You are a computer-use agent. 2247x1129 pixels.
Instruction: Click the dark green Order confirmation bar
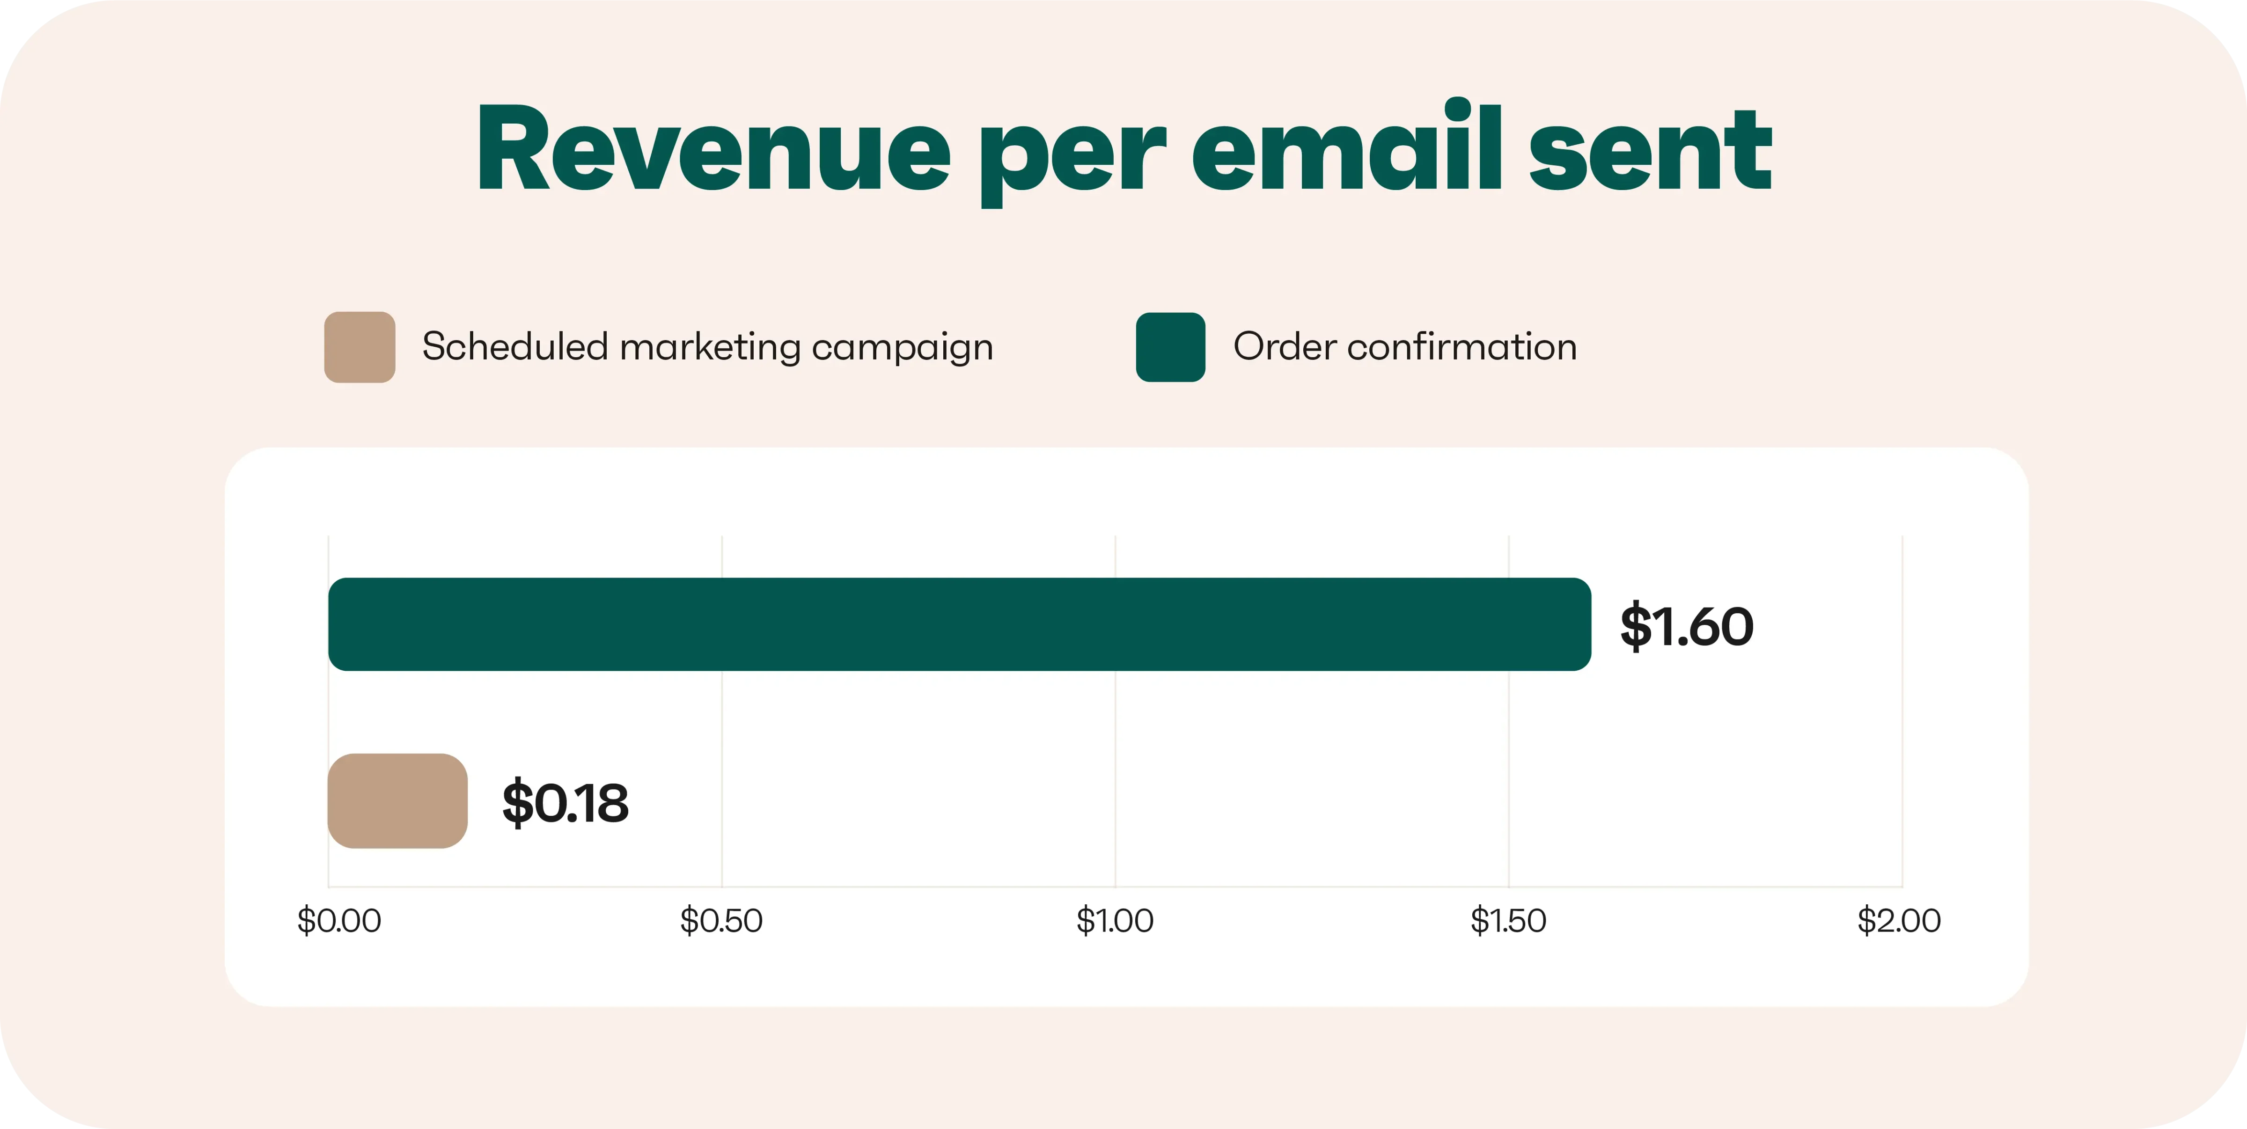[960, 624]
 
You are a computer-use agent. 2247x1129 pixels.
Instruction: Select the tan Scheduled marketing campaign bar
[398, 801]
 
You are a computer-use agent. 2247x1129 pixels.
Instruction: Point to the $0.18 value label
[565, 803]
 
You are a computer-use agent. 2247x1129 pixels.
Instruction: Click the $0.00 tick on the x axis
[339, 921]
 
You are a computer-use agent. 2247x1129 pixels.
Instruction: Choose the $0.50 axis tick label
[721, 921]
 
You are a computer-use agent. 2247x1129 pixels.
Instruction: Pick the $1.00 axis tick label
[1115, 921]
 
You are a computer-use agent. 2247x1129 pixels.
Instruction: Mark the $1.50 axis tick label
[1508, 921]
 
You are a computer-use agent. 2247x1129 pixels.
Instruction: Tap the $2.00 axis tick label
[1899, 921]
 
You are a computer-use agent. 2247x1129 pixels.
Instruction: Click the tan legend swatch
[360, 347]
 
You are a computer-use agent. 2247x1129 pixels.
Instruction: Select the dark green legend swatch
[1171, 347]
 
